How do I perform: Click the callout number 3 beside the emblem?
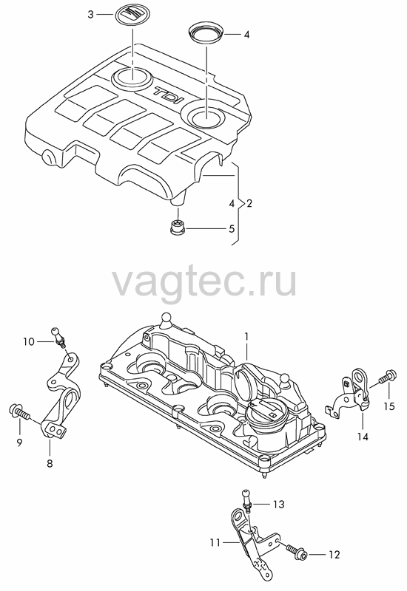pos(90,15)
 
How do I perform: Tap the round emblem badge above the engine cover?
pos(132,16)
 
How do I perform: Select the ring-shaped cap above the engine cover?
pos(206,33)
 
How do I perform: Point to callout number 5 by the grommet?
pos(232,229)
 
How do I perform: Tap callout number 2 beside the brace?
pos(249,204)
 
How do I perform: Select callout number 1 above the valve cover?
pos(246,336)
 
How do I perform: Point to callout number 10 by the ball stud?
pos(29,342)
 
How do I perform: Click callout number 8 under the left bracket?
pos(50,463)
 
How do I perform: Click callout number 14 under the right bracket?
pos(363,437)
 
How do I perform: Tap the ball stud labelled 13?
pos(246,500)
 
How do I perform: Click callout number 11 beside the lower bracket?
pos(215,543)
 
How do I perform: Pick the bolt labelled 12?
pos(297,551)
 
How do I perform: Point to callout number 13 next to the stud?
pos(279,505)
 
